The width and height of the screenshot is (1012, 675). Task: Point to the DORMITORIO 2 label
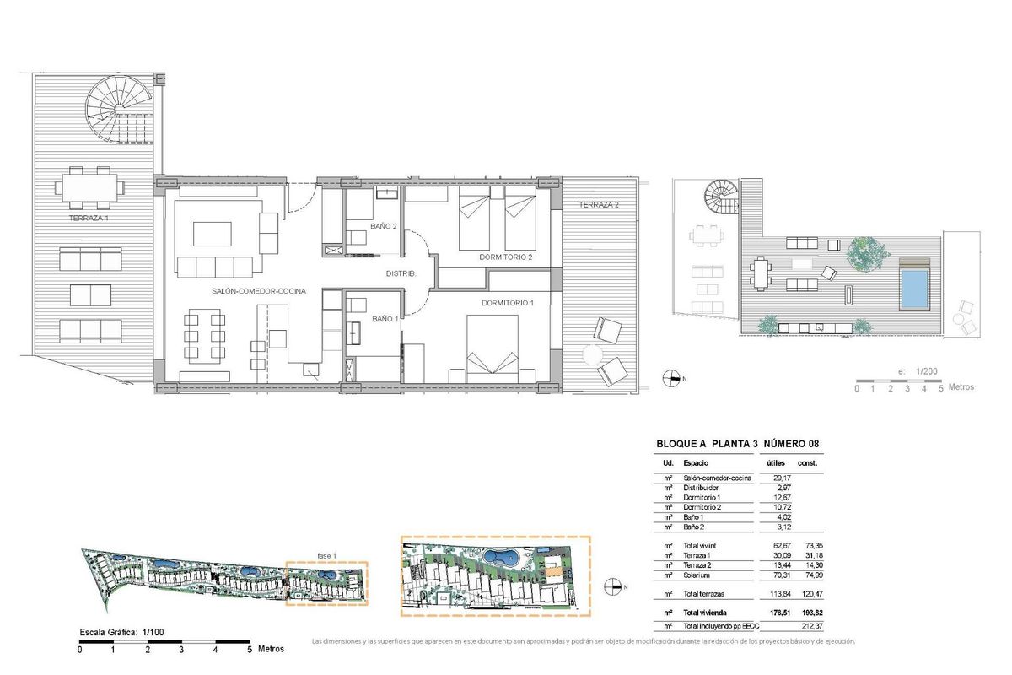click(x=506, y=256)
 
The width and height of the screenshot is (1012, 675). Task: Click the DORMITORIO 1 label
click(x=508, y=302)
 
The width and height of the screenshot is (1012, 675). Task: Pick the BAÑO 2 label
click(x=383, y=227)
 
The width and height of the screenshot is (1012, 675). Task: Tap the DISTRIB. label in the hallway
click(x=399, y=273)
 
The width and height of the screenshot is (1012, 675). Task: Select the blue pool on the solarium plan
click(x=912, y=289)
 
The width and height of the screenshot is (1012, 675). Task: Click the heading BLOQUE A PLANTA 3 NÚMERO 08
click(x=738, y=444)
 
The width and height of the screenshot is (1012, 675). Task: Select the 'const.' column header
click(x=807, y=463)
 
